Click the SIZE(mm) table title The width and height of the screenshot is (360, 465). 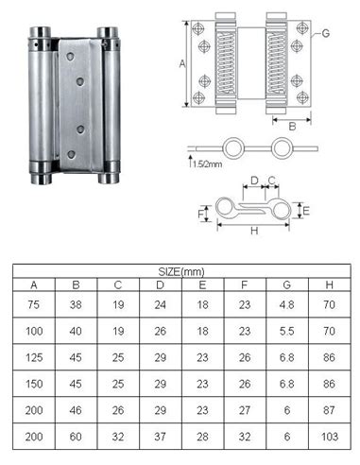click(181, 271)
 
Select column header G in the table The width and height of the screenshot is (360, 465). click(286, 284)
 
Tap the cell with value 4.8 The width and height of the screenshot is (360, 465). click(286, 304)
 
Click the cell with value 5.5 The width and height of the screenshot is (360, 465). click(286, 331)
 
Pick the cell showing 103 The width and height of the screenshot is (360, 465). click(330, 437)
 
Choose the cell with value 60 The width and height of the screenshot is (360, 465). click(76, 437)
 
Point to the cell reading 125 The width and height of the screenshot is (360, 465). click(34, 357)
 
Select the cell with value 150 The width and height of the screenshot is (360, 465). click(34, 384)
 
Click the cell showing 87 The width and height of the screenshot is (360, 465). click(330, 410)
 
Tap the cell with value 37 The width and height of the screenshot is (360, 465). click(160, 437)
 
